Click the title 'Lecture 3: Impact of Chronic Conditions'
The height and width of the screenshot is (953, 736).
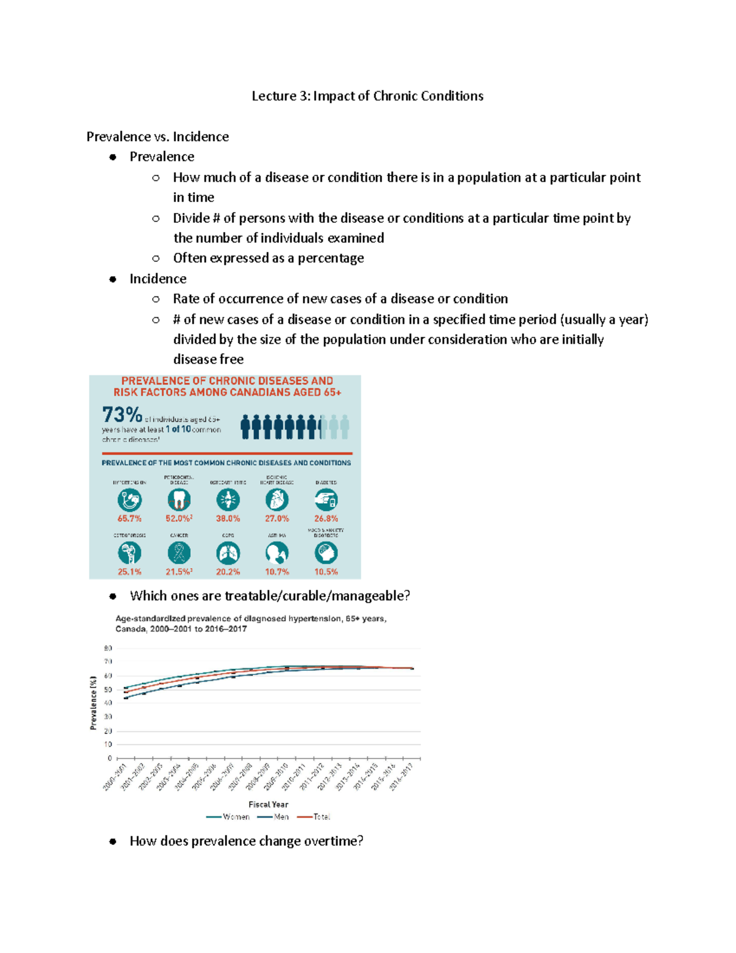click(367, 96)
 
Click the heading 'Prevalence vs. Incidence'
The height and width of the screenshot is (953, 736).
click(158, 136)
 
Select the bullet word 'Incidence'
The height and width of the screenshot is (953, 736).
click(158, 279)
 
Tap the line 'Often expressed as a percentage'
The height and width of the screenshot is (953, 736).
click(268, 258)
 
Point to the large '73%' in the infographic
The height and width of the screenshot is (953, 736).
click(122, 415)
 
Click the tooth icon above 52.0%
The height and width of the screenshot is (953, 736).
click(178, 500)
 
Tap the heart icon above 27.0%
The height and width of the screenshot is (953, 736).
click(277, 500)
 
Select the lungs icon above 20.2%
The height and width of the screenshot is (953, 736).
click(228, 554)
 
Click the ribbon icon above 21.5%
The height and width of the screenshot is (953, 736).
click(178, 554)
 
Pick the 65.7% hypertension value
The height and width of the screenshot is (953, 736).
click(129, 519)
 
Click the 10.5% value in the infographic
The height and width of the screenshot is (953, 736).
click(326, 571)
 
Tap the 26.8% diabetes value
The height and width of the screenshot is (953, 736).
click(326, 519)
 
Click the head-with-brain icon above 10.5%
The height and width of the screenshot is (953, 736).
click(326, 554)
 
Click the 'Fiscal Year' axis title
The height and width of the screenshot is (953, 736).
click(268, 804)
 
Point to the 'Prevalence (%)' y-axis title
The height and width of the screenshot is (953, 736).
click(93, 703)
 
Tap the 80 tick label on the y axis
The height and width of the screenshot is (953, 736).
click(108, 648)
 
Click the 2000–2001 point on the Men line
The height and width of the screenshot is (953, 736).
click(126, 698)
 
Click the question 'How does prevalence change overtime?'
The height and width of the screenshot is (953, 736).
click(246, 841)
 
